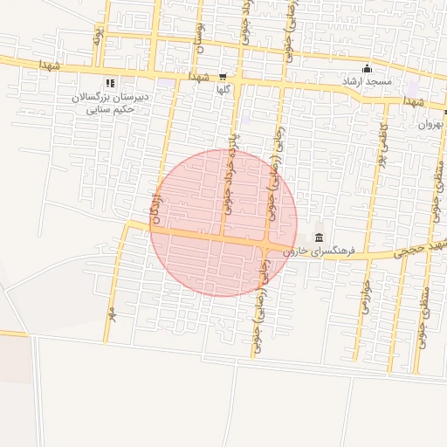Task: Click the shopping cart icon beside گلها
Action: click(x=223, y=77)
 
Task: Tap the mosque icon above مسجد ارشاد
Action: click(x=366, y=69)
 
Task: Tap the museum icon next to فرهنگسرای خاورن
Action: click(x=319, y=238)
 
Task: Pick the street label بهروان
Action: click(x=430, y=124)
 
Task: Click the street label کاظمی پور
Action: click(x=382, y=144)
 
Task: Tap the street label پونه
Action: click(x=99, y=36)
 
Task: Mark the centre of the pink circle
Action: click(x=223, y=223)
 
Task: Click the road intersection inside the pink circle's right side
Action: click(x=266, y=244)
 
